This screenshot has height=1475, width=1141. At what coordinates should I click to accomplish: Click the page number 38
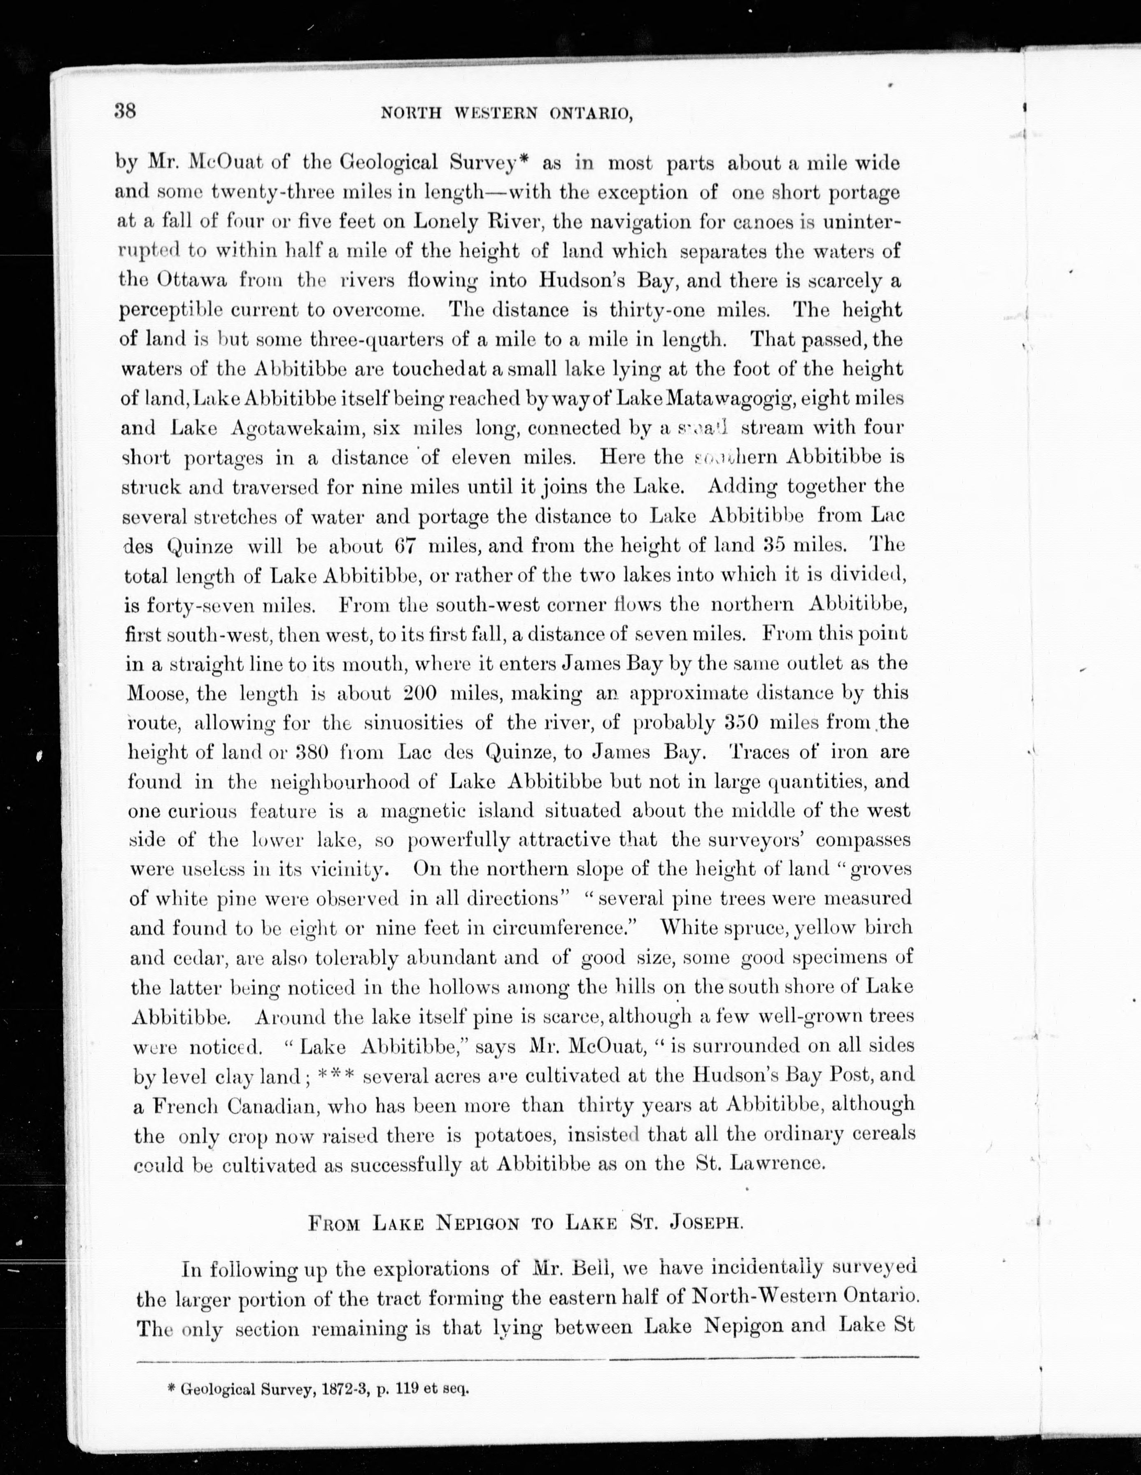(x=125, y=110)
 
